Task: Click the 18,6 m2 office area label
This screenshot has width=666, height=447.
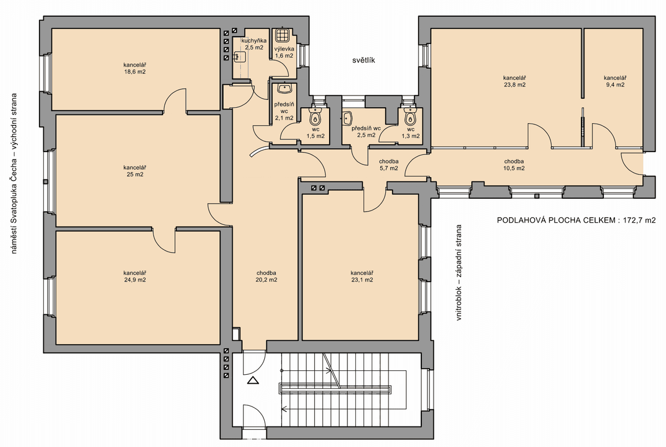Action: [135, 68]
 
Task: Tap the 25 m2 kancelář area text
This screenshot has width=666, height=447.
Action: [135, 171]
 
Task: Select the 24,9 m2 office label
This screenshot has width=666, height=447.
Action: [135, 277]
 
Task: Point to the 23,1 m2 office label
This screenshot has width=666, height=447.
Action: [362, 277]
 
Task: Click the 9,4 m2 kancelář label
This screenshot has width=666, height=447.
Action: [615, 81]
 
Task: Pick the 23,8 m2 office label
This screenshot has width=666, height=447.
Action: [514, 81]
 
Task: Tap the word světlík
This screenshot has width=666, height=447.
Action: [364, 61]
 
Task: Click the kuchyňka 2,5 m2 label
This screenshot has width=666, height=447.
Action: [254, 44]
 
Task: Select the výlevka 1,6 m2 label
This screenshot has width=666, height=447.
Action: [284, 52]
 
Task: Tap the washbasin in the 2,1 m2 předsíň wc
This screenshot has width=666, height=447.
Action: [285, 88]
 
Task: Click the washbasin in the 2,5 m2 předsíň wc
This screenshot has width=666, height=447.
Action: [347, 118]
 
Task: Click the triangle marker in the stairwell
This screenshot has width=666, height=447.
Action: [253, 380]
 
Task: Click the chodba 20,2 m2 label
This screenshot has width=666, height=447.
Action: [266, 277]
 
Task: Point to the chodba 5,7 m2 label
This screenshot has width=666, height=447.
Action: [389, 165]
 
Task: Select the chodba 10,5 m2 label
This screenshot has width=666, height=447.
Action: [514, 165]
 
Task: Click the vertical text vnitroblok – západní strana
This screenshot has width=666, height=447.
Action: [459, 273]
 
